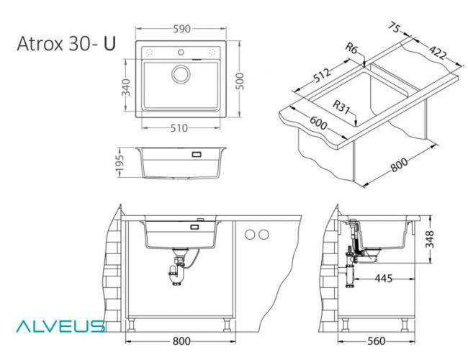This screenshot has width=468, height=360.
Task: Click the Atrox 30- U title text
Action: tap(66, 44)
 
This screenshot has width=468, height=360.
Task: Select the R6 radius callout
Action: tap(352, 49)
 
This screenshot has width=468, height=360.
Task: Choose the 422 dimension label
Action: tap(437, 52)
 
